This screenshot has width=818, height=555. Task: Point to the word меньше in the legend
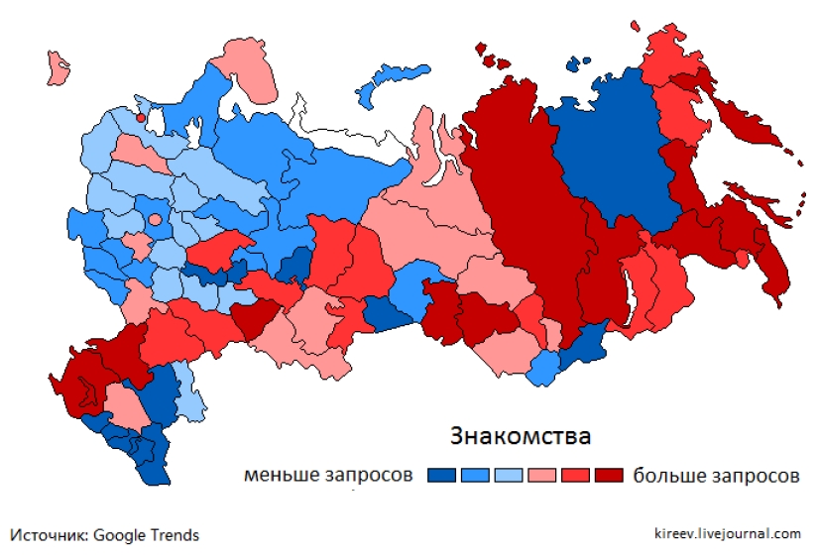[281, 475]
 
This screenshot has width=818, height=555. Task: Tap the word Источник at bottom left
[49, 534]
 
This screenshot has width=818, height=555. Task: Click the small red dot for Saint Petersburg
[141, 118]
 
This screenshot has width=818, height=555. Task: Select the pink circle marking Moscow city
[154, 218]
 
